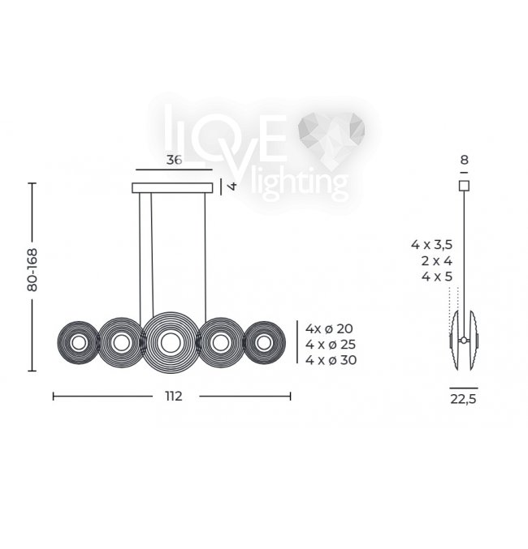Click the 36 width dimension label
174,160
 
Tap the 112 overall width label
174,397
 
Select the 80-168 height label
32,270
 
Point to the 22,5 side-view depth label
464,399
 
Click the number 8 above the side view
464,160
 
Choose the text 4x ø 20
329,328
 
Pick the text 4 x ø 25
331,345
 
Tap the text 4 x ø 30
331,360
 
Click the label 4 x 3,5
432,245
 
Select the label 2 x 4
437,261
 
